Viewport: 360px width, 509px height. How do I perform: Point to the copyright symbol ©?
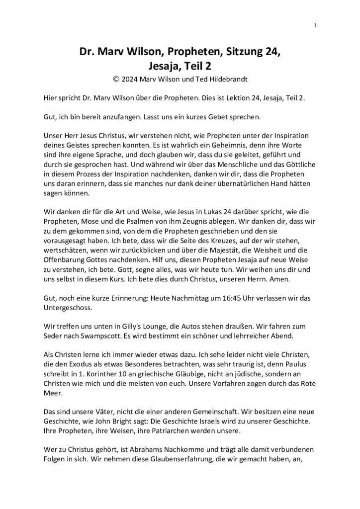click(x=117, y=78)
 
